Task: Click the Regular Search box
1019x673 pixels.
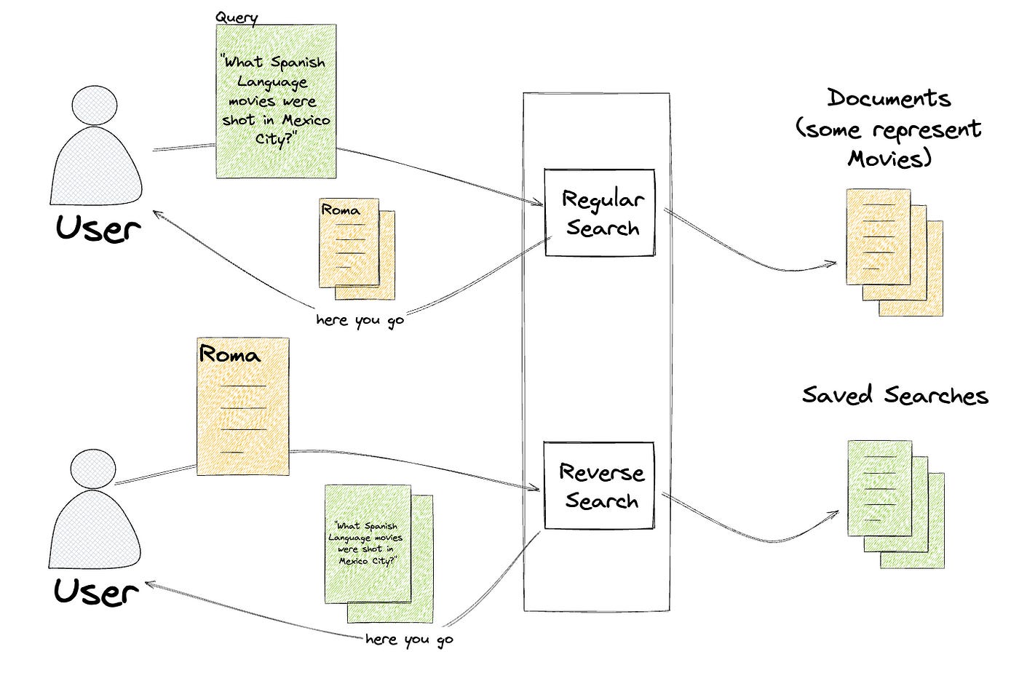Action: (599, 213)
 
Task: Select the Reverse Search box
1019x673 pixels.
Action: (599, 486)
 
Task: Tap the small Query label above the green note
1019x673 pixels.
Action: (236, 17)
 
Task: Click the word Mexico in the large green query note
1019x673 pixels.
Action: (306, 120)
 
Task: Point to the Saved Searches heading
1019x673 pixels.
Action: (895, 396)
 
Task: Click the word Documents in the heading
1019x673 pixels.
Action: (889, 98)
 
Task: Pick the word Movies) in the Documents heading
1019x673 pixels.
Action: (889, 158)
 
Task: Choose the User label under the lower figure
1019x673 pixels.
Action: (96, 591)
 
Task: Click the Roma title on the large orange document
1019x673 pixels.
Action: (229, 355)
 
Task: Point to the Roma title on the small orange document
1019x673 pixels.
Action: (341, 210)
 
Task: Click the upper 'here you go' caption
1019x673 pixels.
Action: (360, 320)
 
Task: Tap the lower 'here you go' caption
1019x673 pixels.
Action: (409, 640)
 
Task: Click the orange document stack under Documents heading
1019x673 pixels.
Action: (894, 252)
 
